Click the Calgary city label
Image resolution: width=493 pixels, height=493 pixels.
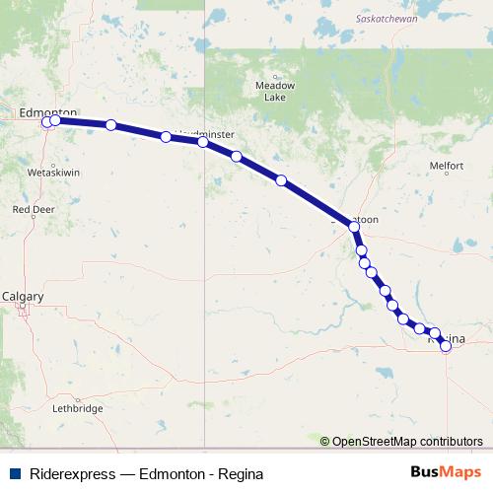[23, 295]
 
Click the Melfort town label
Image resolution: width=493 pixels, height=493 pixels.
[446, 166]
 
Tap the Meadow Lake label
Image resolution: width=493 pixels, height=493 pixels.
[275, 92]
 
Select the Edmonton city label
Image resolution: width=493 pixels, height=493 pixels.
[48, 112]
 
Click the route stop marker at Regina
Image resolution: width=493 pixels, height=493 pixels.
[446, 345]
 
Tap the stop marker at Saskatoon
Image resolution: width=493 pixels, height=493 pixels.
[354, 227]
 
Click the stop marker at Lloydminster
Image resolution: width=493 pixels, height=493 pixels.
[203, 142]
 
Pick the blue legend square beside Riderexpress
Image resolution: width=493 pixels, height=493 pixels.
[16, 474]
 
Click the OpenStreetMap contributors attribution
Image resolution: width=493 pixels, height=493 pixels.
[407, 442]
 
